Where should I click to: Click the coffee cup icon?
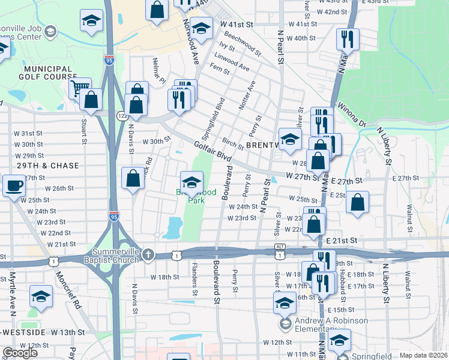click(14, 185)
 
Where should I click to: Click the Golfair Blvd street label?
click(212, 150)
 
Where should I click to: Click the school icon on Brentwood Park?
click(192, 181)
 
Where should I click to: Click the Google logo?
click(20, 353)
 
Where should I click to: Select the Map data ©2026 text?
click(424, 355)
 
